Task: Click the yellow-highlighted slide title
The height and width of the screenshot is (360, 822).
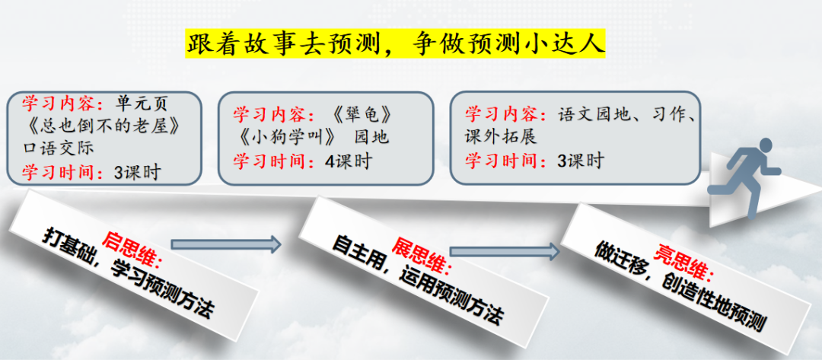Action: (396, 43)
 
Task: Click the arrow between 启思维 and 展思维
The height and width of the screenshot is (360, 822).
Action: (226, 244)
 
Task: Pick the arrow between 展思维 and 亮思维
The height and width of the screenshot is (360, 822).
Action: (503, 251)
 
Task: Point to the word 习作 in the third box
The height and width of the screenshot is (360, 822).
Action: (670, 115)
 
